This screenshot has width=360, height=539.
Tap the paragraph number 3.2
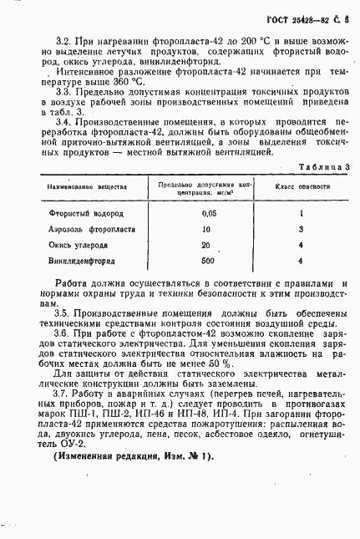pyautogui.click(x=61, y=39)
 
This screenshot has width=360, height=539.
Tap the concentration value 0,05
pyautogui.click(x=208, y=213)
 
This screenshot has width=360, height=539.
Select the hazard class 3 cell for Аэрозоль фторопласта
pyautogui.click(x=299, y=229)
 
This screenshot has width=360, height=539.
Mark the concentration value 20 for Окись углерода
pyautogui.click(x=205, y=245)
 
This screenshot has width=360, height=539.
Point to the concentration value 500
pyautogui.click(x=208, y=261)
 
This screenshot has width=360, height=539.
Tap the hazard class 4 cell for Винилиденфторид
pyautogui.click(x=299, y=261)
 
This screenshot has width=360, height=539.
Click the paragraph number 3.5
pyautogui.click(x=61, y=313)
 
